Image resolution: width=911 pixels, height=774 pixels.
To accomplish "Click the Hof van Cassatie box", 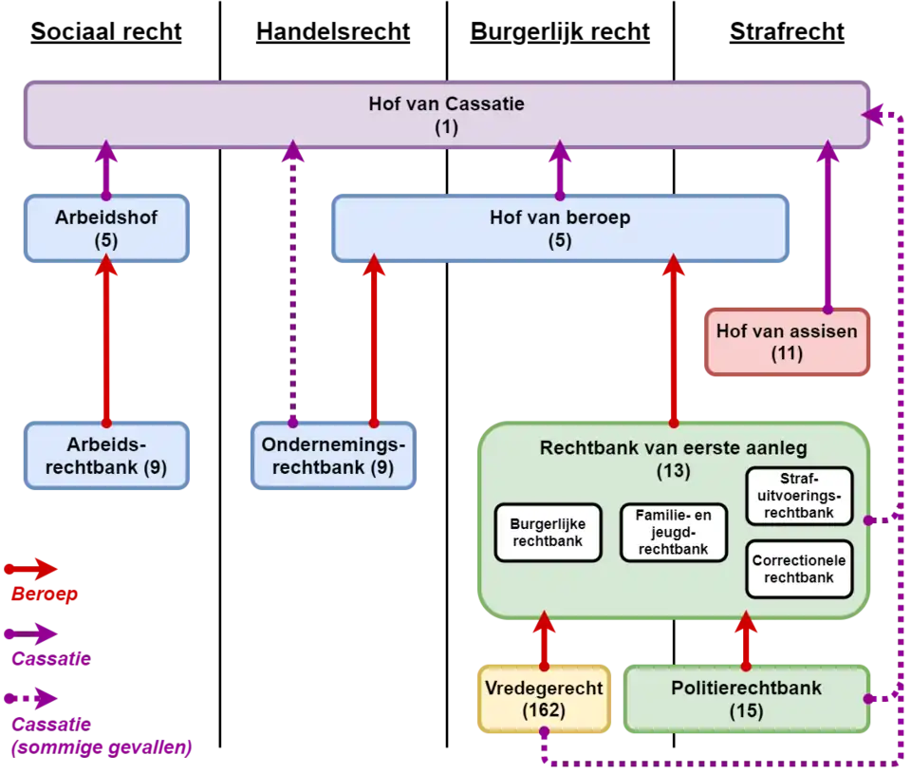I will (446, 115).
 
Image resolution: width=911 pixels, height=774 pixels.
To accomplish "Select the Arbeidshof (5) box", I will (106, 229).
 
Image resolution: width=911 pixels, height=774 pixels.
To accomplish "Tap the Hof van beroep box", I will (560, 229).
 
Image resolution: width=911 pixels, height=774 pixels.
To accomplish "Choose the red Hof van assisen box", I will (787, 343).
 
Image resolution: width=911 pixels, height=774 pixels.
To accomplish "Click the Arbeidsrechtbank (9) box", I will (106, 457).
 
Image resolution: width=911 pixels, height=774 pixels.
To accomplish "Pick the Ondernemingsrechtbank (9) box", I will (333, 457).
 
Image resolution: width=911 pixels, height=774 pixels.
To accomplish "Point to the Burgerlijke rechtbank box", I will (548, 533).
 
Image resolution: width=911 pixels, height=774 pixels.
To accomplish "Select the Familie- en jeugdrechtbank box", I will (673, 533).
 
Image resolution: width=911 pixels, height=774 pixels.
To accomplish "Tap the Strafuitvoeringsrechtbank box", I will (799, 496).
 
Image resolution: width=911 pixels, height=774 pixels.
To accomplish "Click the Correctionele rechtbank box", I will (799, 569).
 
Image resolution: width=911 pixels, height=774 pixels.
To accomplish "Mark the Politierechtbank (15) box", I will (748, 700).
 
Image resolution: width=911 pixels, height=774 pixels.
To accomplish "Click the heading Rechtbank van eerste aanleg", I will (674, 447).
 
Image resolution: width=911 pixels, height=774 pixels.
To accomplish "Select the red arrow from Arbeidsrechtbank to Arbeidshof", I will (106, 342).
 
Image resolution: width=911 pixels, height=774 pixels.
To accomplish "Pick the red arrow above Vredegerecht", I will (545, 641).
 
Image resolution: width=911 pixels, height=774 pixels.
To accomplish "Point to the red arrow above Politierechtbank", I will (747, 641).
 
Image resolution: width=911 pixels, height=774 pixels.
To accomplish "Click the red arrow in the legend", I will (33, 570).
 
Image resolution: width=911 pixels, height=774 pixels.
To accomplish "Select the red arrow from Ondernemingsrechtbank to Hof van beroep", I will (374, 342).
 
